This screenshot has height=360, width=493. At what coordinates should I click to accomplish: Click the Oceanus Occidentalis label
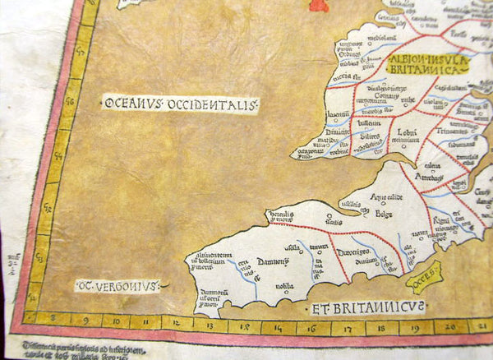click(180, 104)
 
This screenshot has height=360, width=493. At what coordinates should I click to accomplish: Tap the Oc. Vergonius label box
click(117, 286)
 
